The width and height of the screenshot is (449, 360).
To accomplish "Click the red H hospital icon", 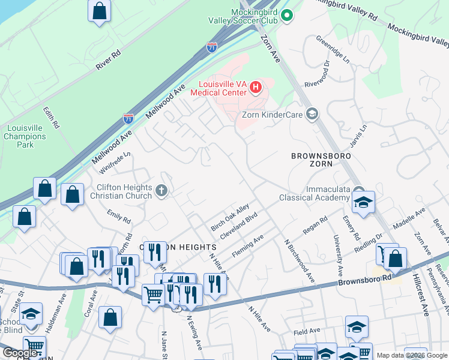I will click(256, 88).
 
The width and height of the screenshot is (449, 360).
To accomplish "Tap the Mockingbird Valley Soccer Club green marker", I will click(287, 15).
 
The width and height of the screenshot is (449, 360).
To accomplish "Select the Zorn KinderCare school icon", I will click(312, 114).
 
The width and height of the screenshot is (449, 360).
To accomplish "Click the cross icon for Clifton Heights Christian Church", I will click(160, 191).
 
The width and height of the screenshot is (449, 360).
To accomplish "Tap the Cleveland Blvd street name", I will click(239, 226).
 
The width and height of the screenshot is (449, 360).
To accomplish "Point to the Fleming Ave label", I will click(247, 247).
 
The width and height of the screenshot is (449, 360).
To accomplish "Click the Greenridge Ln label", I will click(333, 50).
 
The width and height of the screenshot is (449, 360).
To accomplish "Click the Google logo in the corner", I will click(20, 353).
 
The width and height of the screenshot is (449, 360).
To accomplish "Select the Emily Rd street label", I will click(119, 216).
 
